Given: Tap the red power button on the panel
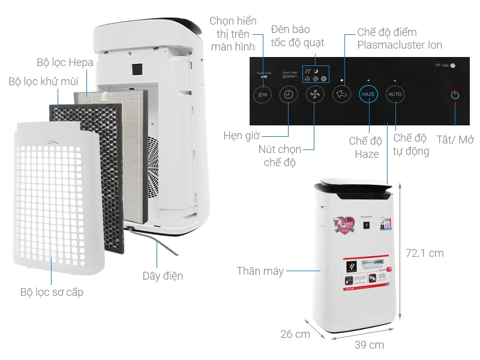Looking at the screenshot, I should click(455, 95).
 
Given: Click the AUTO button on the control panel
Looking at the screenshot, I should click(395, 95).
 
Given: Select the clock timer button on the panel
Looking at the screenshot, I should click(289, 95).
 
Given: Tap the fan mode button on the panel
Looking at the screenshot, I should click(315, 95).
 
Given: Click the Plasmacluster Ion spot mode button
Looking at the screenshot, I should click(341, 95).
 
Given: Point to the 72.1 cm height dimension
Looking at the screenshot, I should click(424, 253).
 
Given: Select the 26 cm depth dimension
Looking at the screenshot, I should click(295, 334).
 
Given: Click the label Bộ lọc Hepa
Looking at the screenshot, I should click(65, 62).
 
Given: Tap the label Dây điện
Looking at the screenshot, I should click(163, 276).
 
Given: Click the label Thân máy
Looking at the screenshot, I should click(260, 271).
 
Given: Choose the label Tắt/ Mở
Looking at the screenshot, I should click(455, 139).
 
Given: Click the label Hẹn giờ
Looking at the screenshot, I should click(241, 135).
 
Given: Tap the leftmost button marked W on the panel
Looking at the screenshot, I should click(262, 95).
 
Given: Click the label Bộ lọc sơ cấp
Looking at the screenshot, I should click(52, 292).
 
